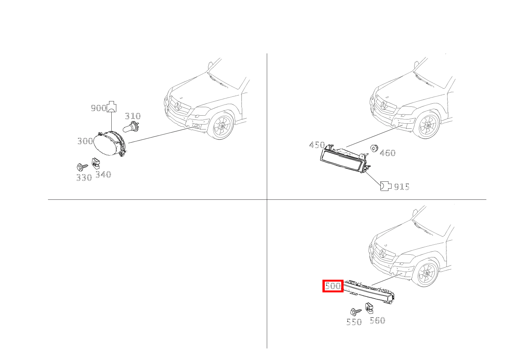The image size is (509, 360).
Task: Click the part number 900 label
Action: [x=98, y=108]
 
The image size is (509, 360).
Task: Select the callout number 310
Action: [x=133, y=116]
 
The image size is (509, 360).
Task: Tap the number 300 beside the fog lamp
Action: [x=85, y=141]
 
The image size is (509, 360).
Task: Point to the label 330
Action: [x=84, y=178]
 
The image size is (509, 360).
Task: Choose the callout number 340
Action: [x=103, y=175]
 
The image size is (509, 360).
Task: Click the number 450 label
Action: [x=317, y=145]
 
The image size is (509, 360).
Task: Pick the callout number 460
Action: [x=387, y=153]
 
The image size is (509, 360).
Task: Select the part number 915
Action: [x=402, y=187]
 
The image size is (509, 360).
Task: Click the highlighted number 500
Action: [x=332, y=286]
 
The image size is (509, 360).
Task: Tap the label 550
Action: [x=354, y=322]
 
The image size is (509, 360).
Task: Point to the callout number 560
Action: [x=377, y=320]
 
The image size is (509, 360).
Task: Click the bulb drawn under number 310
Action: [x=131, y=126]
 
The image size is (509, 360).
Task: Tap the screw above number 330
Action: [x=81, y=167]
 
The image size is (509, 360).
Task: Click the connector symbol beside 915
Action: [x=385, y=186]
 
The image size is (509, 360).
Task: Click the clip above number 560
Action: [x=370, y=308]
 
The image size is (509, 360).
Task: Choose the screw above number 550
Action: [x=355, y=312]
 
